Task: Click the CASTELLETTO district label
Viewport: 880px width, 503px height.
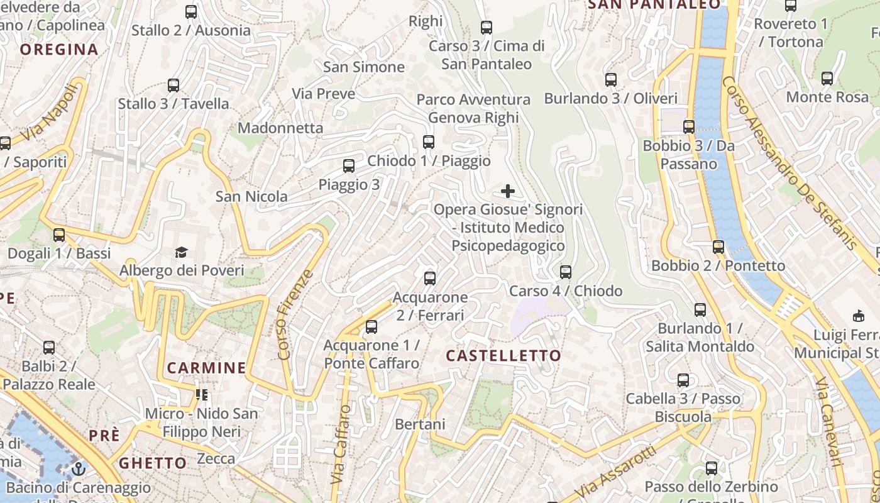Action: pyautogui.click(x=503, y=356)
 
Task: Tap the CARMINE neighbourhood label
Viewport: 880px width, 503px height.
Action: pyautogui.click(x=206, y=368)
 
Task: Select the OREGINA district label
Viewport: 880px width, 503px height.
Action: pyautogui.click(x=59, y=50)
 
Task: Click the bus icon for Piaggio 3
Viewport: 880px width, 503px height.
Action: pyautogui.click(x=349, y=166)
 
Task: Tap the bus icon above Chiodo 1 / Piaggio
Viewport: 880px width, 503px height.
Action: pyautogui.click(x=429, y=142)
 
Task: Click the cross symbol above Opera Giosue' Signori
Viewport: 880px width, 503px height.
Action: pyautogui.click(x=508, y=191)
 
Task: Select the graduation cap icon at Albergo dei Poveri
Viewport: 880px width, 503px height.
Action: pyautogui.click(x=182, y=253)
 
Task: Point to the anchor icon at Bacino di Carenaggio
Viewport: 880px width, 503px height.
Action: pyautogui.click(x=79, y=468)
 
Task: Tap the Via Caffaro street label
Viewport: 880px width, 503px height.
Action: pyautogui.click(x=340, y=444)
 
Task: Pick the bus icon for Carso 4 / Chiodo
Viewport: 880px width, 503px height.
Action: pyautogui.click(x=566, y=272)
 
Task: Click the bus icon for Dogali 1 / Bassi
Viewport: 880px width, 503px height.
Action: pyautogui.click(x=59, y=235)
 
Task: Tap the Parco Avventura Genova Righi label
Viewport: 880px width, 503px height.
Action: pyautogui.click(x=473, y=108)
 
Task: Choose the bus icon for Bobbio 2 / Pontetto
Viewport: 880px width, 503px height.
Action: pyautogui.click(x=718, y=247)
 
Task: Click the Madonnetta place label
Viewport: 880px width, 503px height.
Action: pyautogui.click(x=280, y=128)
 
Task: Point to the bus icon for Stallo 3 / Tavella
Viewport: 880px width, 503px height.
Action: pyautogui.click(x=173, y=86)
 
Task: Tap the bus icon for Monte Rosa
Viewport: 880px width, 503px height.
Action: pyautogui.click(x=827, y=79)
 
